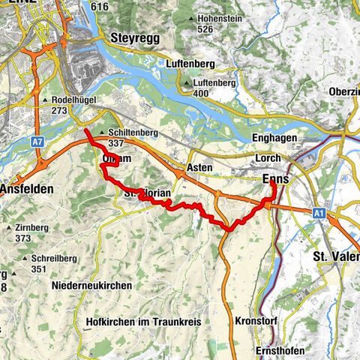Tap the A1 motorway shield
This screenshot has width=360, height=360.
point(319,214)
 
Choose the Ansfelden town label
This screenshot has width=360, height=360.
point(27,189)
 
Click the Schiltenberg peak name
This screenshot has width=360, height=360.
point(125,130)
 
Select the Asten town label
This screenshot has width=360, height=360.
point(197,168)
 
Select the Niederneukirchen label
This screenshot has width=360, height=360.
point(93,285)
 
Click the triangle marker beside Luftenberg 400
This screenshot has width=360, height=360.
point(187,82)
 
